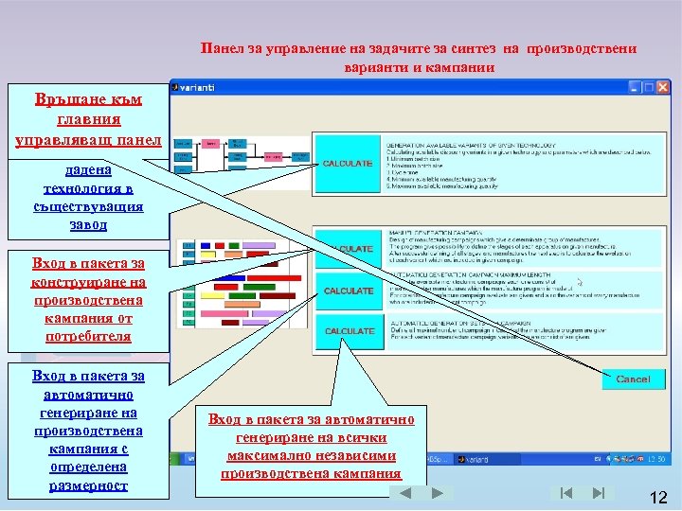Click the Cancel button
[x=633, y=379]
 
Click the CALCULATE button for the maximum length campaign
[x=349, y=291]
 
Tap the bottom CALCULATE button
[x=349, y=331]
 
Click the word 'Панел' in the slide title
[x=223, y=48]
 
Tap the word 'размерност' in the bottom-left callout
[x=88, y=485]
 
